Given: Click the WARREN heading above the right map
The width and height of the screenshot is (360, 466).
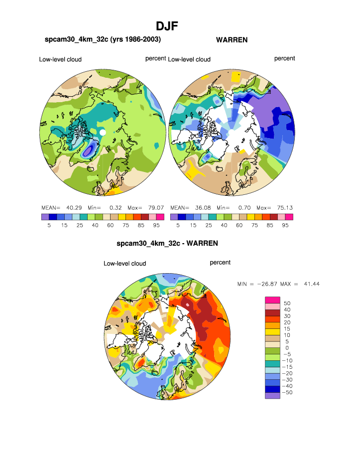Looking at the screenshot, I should click(x=232, y=40).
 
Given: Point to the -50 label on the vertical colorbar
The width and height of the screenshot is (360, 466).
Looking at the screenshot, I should click(x=287, y=393).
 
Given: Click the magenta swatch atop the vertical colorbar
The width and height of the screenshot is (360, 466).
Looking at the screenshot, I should click(x=272, y=299).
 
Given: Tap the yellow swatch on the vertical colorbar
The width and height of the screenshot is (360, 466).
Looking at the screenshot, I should click(x=272, y=331).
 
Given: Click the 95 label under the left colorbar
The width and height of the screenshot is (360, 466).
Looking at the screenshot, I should click(x=156, y=225).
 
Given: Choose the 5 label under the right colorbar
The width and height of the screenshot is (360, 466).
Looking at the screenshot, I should click(x=178, y=225).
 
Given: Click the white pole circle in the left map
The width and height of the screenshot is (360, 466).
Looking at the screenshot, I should click(x=103, y=132).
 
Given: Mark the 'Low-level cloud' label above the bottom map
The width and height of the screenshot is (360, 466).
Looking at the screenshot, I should click(x=125, y=263).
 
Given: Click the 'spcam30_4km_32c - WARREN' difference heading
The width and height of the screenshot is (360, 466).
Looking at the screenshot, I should click(x=167, y=244).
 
